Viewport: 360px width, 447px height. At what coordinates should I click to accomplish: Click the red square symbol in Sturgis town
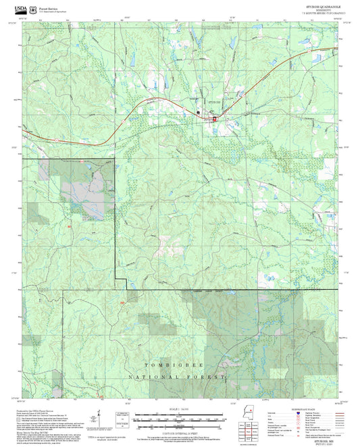(x=215, y=119)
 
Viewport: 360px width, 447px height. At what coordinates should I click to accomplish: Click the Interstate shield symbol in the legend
(x=283, y=413)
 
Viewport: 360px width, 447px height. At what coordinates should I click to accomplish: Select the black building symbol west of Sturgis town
(x=198, y=112)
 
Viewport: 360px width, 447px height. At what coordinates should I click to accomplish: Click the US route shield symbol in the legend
(x=283, y=418)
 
